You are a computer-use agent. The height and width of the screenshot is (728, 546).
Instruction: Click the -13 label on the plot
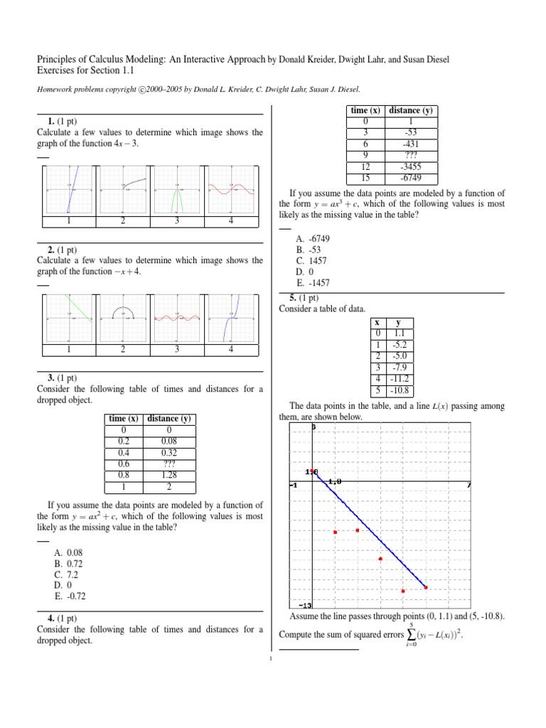point(305,606)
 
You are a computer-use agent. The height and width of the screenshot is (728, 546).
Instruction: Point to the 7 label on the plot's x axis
point(470,484)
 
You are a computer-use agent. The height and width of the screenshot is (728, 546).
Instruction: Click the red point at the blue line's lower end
point(426,587)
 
